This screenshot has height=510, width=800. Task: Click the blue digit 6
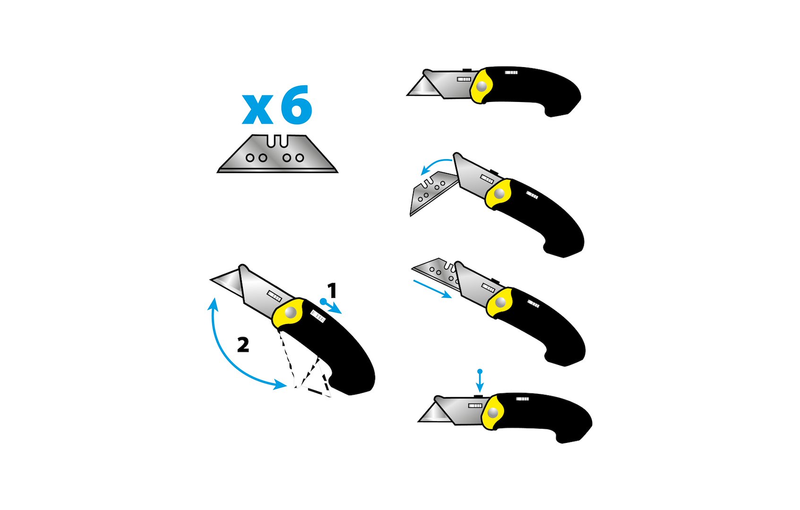(x=296, y=105)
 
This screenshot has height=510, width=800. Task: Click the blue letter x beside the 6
(x=257, y=109)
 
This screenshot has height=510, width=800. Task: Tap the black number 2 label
(x=243, y=345)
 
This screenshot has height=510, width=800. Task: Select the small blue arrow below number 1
(x=331, y=307)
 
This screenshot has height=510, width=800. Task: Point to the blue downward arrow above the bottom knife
(x=480, y=381)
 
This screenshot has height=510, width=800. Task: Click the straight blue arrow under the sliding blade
(x=432, y=289)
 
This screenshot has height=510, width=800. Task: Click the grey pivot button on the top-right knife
(x=482, y=86)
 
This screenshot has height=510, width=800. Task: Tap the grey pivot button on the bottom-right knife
(x=493, y=413)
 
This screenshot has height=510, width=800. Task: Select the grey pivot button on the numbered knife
(x=290, y=313)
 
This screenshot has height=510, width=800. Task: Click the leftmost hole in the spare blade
(x=250, y=158)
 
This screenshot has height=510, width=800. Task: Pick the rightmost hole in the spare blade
(x=300, y=158)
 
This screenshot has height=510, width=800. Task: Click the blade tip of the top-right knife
(x=407, y=95)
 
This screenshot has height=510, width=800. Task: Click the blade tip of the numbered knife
(x=211, y=280)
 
